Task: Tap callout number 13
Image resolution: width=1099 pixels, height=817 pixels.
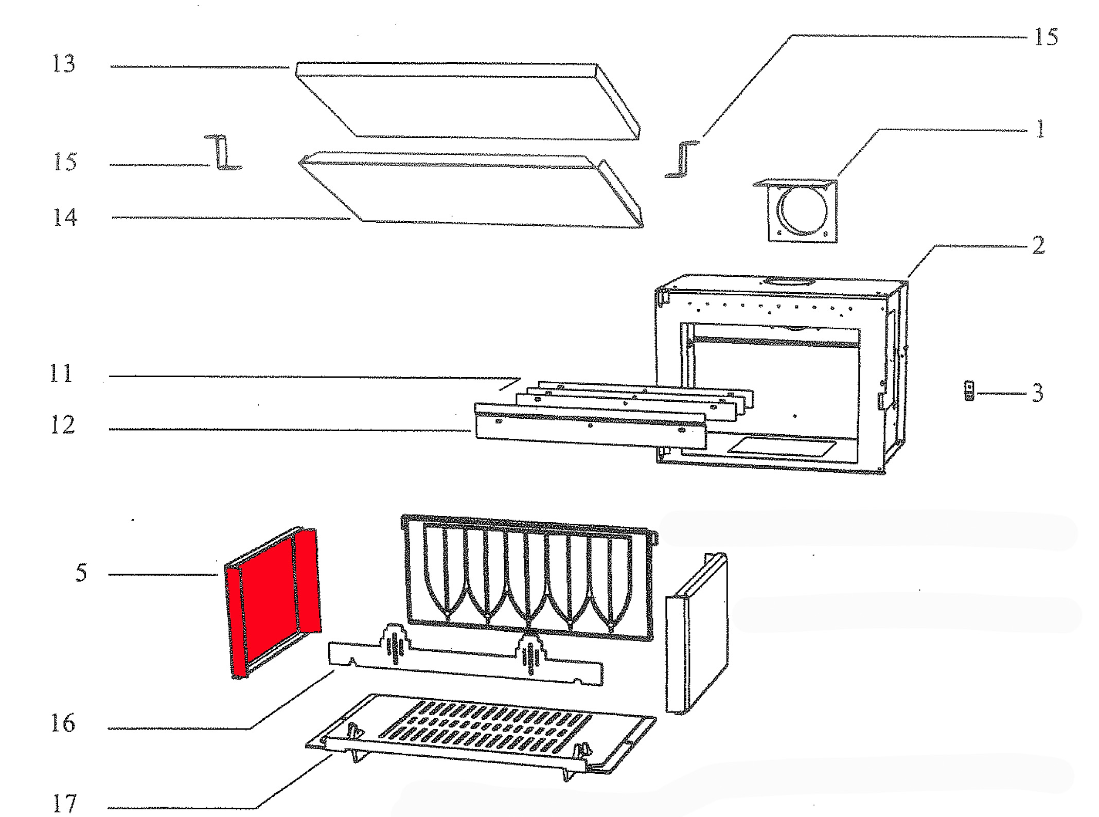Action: (x=64, y=64)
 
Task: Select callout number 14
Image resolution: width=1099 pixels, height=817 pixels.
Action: (x=65, y=217)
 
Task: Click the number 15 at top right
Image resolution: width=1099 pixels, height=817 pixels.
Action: (x=1046, y=38)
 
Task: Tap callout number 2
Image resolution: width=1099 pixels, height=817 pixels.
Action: (x=1039, y=245)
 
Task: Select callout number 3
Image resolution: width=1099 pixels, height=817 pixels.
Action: (x=1038, y=394)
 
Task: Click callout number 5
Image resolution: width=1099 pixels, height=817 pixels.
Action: (x=81, y=573)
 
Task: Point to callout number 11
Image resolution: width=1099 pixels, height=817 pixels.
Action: (x=61, y=374)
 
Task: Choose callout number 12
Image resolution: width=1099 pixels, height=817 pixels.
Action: (x=63, y=425)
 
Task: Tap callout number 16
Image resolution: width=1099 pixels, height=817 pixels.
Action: (x=63, y=724)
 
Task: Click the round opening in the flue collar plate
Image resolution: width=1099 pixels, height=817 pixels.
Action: (x=802, y=211)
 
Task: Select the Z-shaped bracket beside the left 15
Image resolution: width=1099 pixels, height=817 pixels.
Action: (x=223, y=153)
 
